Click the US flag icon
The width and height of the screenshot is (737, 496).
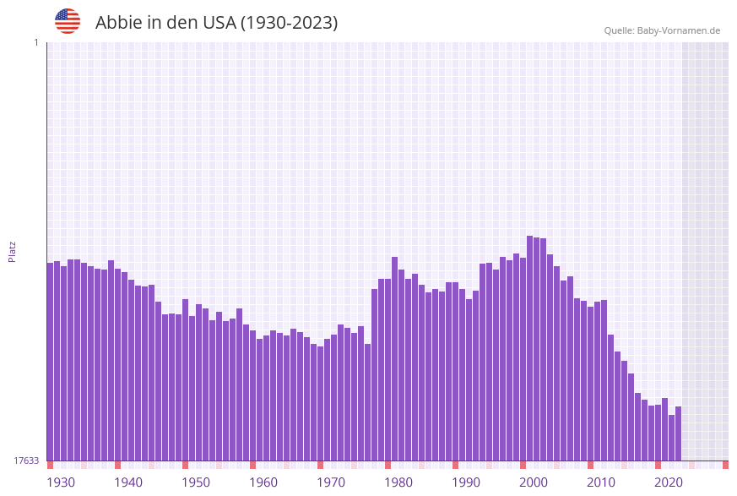point(68,21)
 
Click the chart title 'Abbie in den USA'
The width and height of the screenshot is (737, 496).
point(216,23)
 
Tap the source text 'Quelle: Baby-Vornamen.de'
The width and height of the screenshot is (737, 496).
point(662,30)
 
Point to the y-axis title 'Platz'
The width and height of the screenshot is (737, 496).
point(13,251)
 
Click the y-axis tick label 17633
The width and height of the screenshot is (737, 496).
point(26,461)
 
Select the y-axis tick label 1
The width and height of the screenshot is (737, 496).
point(35,42)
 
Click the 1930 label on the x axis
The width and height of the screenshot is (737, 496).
point(61,482)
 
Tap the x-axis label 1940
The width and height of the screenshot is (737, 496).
point(128,482)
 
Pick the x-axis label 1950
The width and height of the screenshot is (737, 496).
point(196,482)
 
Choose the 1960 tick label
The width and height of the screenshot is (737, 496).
point(263,482)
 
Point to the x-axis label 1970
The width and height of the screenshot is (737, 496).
point(331,482)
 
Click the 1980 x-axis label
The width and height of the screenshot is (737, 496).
point(398,482)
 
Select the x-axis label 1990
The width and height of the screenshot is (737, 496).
point(466,482)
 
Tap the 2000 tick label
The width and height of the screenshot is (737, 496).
point(534,482)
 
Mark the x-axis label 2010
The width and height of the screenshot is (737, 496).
point(601,482)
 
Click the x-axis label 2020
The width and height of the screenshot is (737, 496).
point(669,482)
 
